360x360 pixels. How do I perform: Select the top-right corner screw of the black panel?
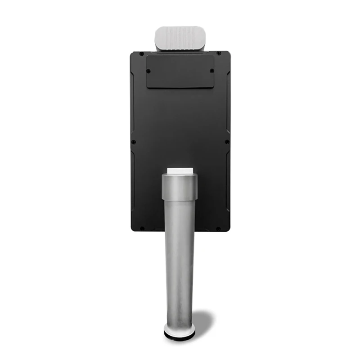click(219, 54)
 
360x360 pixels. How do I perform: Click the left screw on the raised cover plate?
click(148, 71)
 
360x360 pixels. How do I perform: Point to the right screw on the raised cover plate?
click(212, 70)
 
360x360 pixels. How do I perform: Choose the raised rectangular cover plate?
click(180, 72)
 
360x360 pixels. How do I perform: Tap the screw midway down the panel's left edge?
click(134, 142)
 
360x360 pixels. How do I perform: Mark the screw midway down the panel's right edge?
click(227, 142)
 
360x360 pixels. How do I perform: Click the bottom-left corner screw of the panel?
click(142, 228)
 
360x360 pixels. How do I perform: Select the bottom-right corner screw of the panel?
click(219, 228)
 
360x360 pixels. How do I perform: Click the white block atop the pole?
click(180, 171)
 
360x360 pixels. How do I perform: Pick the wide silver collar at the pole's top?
click(180, 187)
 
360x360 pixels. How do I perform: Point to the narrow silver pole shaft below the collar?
click(180, 261)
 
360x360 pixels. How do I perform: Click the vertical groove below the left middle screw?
click(133, 180)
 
